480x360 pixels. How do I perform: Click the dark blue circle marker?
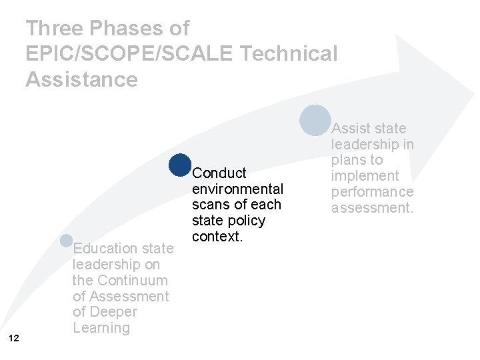tap(180, 165)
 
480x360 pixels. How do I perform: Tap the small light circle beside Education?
tap(66, 241)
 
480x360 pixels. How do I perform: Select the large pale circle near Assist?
tap(315, 121)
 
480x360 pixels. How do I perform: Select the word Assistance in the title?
tap(81, 79)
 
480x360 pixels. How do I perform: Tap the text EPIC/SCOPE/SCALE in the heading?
tap(130, 54)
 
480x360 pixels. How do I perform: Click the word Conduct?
tap(219, 173)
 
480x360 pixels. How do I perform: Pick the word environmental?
tap(237, 189)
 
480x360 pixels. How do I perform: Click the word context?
tap(217, 237)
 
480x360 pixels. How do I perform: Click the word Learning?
tap(101, 328)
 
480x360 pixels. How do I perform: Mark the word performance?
tap(373, 192)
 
